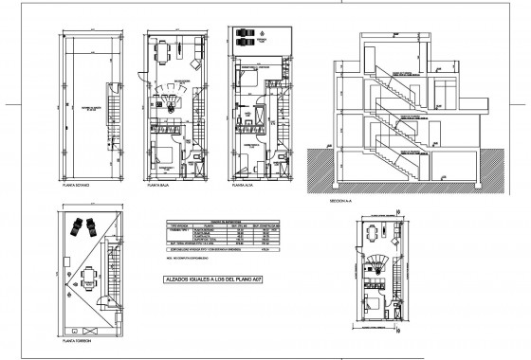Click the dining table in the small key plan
(373, 232)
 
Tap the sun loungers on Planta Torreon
(82, 227)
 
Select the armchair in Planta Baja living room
(194, 64)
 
